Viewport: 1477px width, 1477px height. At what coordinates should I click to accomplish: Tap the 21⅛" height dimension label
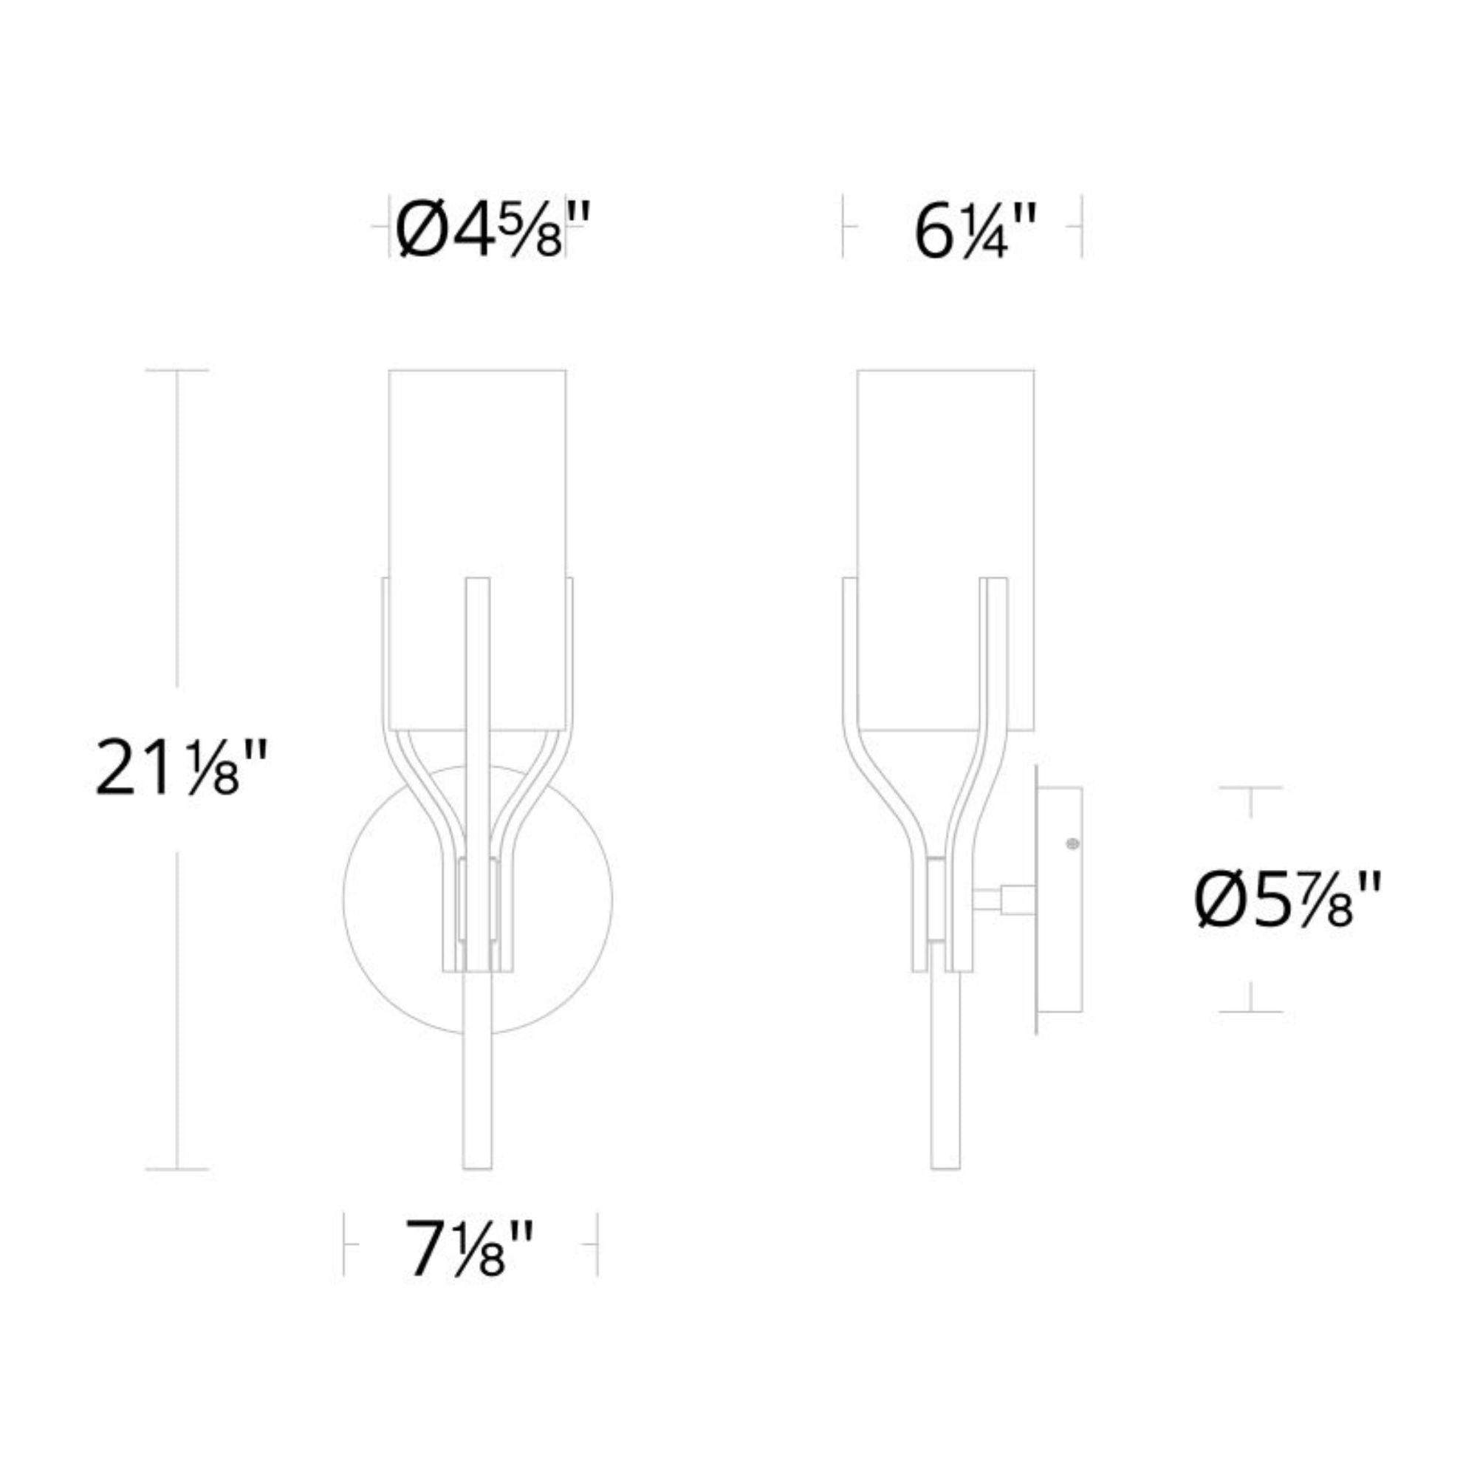click(181, 767)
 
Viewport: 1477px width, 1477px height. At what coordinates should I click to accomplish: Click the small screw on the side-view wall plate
click(1072, 844)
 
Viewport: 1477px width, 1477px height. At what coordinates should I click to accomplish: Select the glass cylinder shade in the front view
click(477, 549)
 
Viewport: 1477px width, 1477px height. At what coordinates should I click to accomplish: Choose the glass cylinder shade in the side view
click(945, 549)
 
